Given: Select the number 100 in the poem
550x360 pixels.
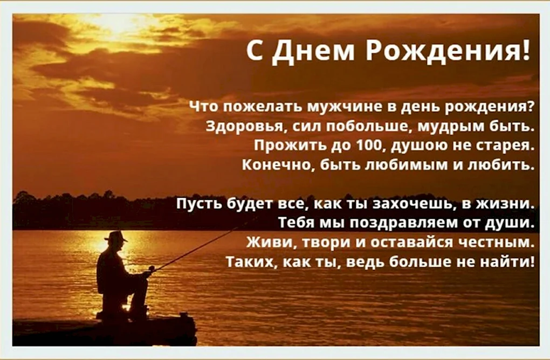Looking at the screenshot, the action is (x=368, y=145).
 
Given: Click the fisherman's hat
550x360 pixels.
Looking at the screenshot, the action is (x=116, y=236).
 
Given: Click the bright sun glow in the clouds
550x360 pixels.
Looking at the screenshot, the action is (x=116, y=25).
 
